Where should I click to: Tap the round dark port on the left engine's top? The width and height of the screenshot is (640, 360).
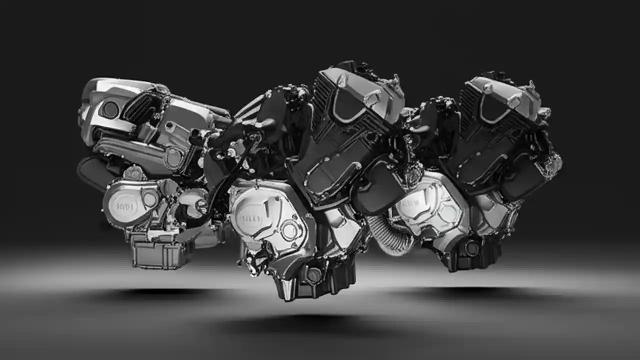point(110,109)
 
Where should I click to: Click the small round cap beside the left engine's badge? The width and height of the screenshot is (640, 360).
point(149,199)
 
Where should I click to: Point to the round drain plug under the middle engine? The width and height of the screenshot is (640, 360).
point(313,275)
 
